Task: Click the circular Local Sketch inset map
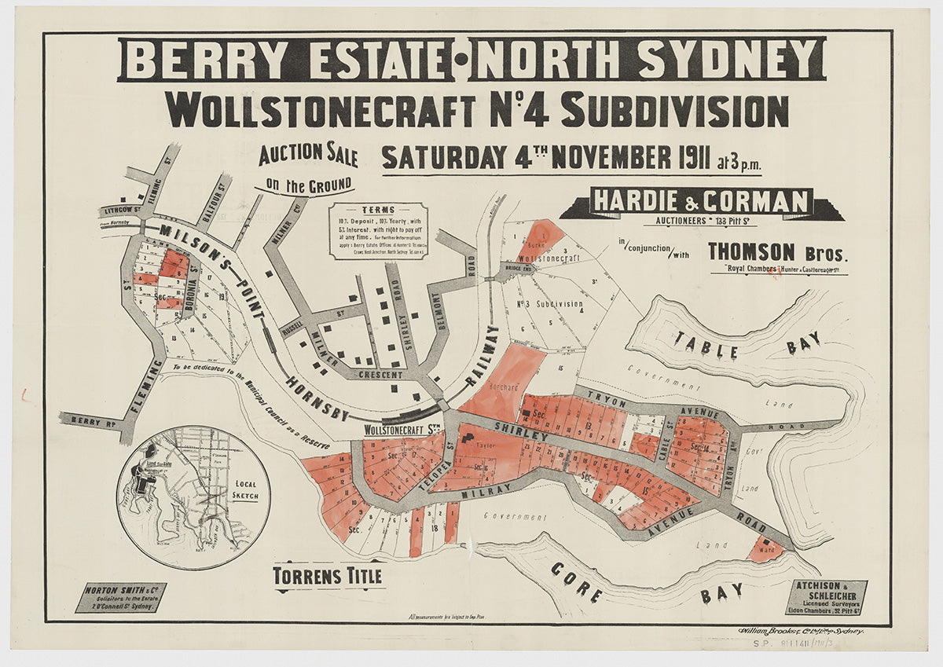coord(193,497)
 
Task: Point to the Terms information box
coord(379,230)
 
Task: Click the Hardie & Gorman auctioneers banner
coord(701,202)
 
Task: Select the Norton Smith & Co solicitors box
coord(120,598)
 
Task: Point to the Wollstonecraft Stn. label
coord(400,430)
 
